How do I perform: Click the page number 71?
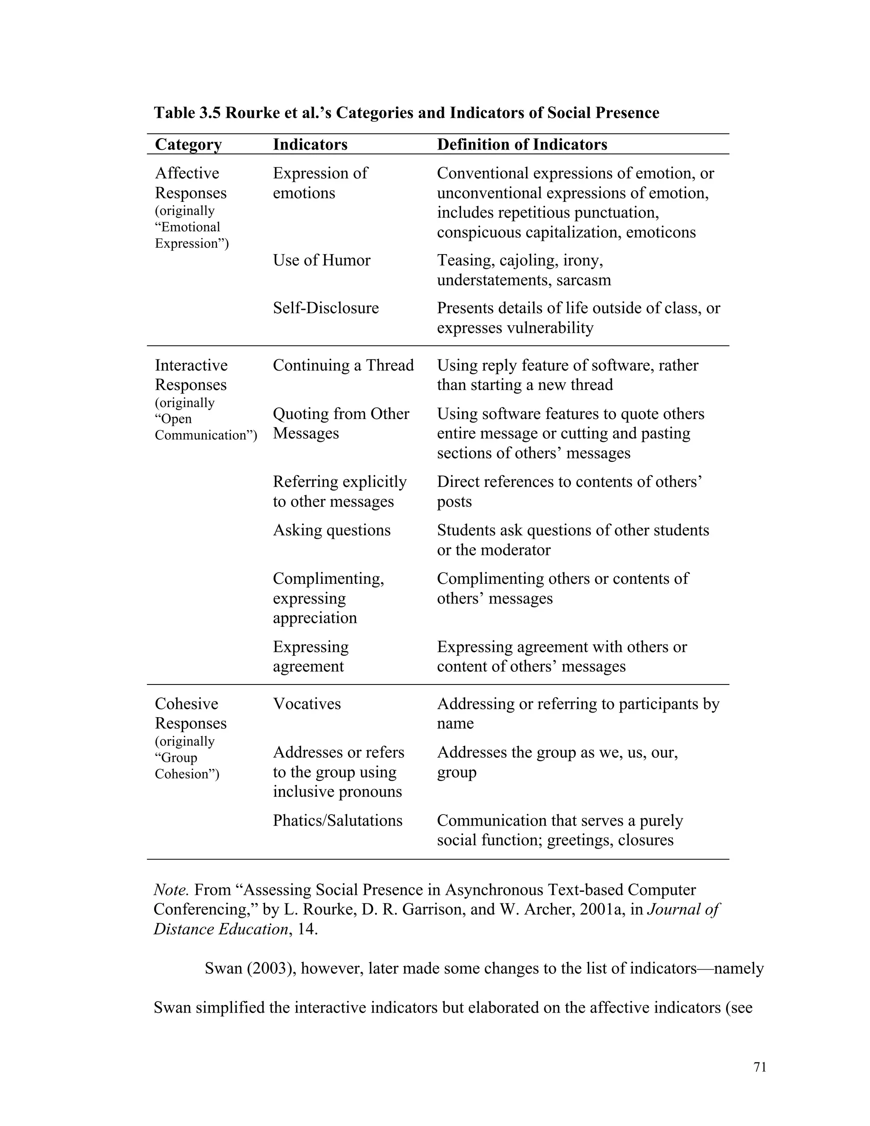coord(760,1067)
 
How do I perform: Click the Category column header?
coord(188,144)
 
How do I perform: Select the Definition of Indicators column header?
coord(522,144)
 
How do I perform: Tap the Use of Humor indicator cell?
coord(321,260)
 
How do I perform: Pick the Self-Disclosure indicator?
coord(325,308)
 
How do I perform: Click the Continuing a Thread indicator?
coord(343,365)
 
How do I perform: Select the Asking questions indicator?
coord(331,531)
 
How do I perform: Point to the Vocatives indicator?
coord(307,704)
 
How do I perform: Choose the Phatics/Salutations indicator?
coord(337,821)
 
